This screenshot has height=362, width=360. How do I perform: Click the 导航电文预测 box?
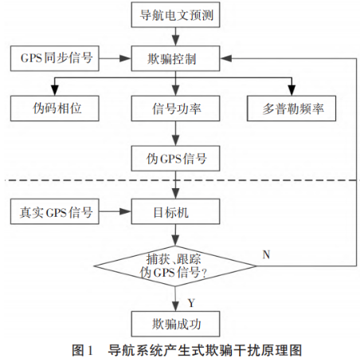point(175,14)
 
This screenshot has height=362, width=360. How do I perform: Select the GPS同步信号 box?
point(55,58)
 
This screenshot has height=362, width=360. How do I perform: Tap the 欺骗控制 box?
point(175,58)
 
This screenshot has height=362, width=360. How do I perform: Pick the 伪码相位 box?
point(55,108)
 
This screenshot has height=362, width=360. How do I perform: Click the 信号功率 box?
point(175,108)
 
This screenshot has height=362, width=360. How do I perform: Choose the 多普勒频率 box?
point(292,108)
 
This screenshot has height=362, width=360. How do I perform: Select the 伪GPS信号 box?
point(175,159)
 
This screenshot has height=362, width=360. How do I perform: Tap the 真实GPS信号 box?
point(55,211)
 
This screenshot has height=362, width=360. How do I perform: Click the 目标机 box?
point(175,211)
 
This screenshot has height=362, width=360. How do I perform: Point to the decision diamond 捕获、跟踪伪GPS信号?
point(175,266)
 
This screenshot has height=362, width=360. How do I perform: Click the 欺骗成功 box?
point(175,325)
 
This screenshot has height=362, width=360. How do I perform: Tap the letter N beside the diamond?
point(266,254)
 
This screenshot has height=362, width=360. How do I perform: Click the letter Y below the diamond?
point(191,303)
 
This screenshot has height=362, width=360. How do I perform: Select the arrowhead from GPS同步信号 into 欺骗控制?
point(125,58)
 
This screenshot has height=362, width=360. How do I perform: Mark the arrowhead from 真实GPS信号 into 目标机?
point(125,211)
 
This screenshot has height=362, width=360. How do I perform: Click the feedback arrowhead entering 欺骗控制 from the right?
point(226,58)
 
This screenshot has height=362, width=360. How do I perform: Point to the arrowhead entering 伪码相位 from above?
point(55,90)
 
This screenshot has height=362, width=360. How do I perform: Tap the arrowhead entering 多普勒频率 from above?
point(292,90)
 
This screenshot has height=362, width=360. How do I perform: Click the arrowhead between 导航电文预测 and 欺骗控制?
point(175,41)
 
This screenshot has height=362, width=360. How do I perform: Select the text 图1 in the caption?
point(82,351)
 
